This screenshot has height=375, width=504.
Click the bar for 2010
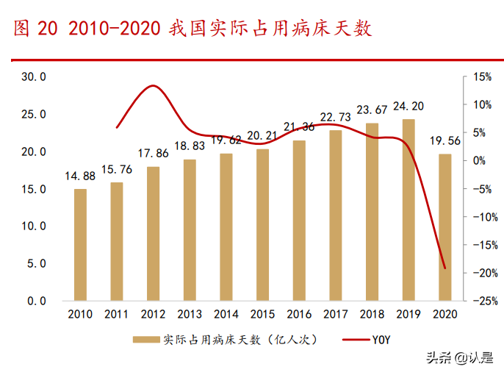coord(80,245)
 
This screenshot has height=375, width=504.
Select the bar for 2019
coord(408,210)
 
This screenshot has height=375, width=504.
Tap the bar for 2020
coord(444,227)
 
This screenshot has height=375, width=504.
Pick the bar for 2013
coord(190,230)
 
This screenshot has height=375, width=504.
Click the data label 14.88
coord(80,176)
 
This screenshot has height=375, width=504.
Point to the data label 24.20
coord(408,107)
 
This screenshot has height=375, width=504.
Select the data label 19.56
coord(445,141)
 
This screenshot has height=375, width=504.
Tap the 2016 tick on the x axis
coord(299,315)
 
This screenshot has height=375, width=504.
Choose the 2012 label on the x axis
coord(153,315)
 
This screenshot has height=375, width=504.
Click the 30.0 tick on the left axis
coord(34,76)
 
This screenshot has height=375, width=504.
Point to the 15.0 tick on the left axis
coord(34,189)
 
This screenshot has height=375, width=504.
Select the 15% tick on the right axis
coord(483,76)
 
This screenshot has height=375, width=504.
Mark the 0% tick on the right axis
coord(483,160)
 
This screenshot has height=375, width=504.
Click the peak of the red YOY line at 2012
coord(152,86)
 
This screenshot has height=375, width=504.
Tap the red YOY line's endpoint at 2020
coord(444,268)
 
